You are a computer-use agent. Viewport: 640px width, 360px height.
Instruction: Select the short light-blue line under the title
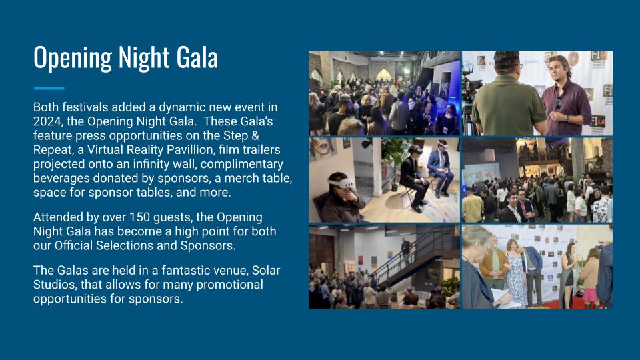(49, 88)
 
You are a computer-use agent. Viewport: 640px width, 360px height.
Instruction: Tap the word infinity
(153, 164)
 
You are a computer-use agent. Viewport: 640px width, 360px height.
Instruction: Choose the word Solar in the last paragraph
(266, 270)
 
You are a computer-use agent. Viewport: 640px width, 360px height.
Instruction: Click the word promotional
(230, 285)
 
